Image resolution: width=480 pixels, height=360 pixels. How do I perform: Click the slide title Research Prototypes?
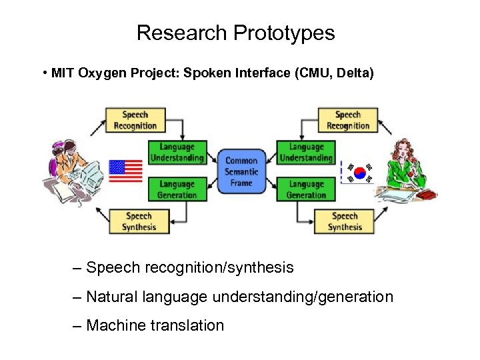(235, 33)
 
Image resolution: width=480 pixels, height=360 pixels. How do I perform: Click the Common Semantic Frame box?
(241, 171)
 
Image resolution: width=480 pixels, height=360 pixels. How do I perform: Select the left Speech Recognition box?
(135, 120)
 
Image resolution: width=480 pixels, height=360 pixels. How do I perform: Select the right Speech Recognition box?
(347, 120)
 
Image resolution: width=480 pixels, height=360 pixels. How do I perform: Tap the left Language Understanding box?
(177, 153)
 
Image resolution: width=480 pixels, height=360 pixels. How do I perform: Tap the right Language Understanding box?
(306, 153)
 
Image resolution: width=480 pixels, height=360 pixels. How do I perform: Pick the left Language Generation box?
(177, 189)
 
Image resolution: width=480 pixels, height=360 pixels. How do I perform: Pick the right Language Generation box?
(306, 189)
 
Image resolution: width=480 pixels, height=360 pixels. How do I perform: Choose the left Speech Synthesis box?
(139, 221)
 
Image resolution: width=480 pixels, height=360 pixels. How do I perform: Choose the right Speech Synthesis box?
(344, 221)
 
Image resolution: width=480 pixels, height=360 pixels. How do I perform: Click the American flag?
(125, 171)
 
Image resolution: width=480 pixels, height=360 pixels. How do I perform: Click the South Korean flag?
(360, 173)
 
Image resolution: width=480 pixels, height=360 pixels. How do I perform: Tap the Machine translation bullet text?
(155, 325)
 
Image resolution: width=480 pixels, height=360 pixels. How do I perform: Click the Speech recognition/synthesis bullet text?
(189, 267)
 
